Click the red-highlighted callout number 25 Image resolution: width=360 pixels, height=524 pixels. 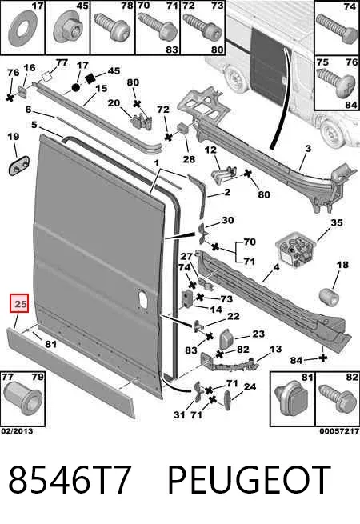(20, 305)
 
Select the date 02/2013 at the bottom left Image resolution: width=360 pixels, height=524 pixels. (17, 431)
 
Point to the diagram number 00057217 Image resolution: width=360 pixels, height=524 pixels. (339, 431)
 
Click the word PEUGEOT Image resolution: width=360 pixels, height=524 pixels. (249, 480)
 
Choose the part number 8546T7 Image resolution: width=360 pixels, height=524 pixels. (69, 480)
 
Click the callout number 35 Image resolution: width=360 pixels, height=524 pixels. (336, 222)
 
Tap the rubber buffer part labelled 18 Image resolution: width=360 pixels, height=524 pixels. (329, 297)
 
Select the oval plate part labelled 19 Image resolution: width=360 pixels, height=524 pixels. (18, 165)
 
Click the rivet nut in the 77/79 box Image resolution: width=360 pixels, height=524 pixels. (22, 400)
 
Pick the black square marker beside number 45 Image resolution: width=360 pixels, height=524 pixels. (90, 79)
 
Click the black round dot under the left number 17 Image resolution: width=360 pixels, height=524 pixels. (75, 88)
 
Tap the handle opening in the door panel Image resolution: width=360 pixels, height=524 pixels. (142, 298)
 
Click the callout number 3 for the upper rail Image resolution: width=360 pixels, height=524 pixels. (308, 148)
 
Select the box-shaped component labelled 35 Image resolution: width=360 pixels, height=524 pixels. (295, 250)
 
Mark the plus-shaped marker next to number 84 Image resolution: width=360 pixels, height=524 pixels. (323, 358)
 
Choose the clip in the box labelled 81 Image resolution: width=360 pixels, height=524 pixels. (291, 400)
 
